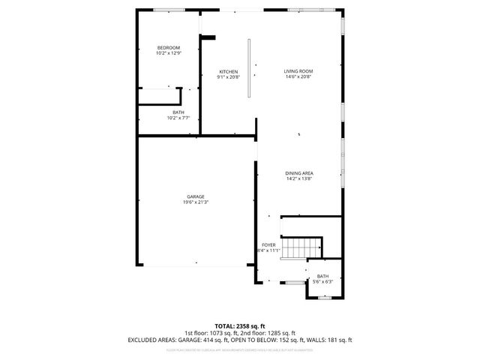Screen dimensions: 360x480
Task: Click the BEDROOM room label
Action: coord(168,48)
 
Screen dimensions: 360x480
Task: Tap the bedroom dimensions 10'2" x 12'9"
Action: coord(168,53)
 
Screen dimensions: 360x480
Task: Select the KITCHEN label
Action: coord(228,71)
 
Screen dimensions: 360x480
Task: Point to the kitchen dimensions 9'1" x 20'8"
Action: coord(228,76)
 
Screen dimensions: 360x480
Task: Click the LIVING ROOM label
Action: coord(298,71)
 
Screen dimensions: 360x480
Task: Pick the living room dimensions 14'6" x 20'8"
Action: coord(298,76)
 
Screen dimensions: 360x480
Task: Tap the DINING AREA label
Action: coord(298,173)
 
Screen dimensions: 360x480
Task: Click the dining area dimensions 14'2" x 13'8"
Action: coord(298,178)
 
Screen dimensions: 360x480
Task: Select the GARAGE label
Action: coord(196,196)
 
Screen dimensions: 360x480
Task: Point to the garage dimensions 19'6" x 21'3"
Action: coord(196,202)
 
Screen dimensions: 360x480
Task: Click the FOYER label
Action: coord(268,244)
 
